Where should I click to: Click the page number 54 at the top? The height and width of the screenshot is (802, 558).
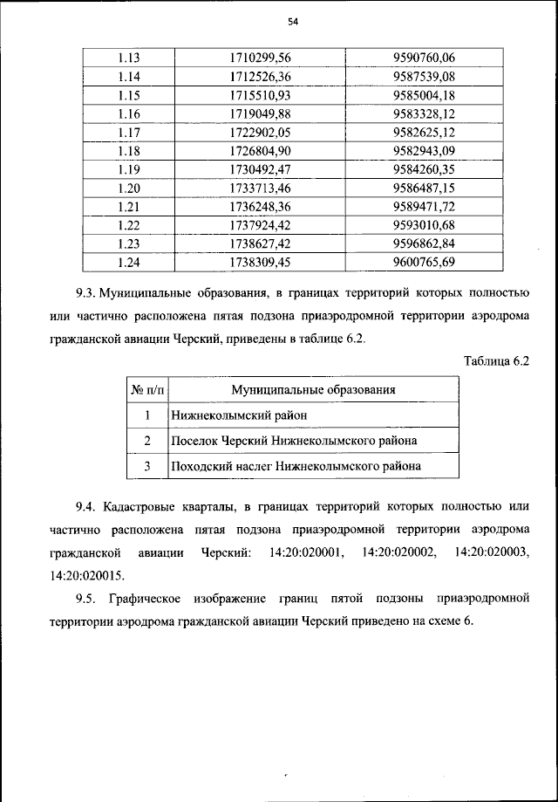pyautogui.click(x=280, y=23)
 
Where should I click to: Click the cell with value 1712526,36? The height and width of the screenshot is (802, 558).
pyautogui.click(x=260, y=76)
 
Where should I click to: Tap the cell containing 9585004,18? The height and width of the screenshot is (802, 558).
pyautogui.click(x=425, y=94)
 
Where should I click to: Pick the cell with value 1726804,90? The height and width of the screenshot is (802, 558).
pyautogui.click(x=260, y=150)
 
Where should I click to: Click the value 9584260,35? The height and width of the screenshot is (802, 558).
pyautogui.click(x=425, y=168)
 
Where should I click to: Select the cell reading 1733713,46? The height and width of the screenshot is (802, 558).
pyautogui.click(x=260, y=187)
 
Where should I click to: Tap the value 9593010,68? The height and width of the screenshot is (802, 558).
pyautogui.click(x=425, y=224)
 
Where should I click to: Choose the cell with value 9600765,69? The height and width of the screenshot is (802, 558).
pyautogui.click(x=425, y=261)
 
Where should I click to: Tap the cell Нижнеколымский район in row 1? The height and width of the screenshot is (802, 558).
pyautogui.click(x=239, y=415)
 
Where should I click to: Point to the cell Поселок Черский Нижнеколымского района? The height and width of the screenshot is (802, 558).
pyautogui.click(x=294, y=441)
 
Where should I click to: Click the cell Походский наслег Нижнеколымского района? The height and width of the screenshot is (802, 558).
pyautogui.click(x=296, y=467)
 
